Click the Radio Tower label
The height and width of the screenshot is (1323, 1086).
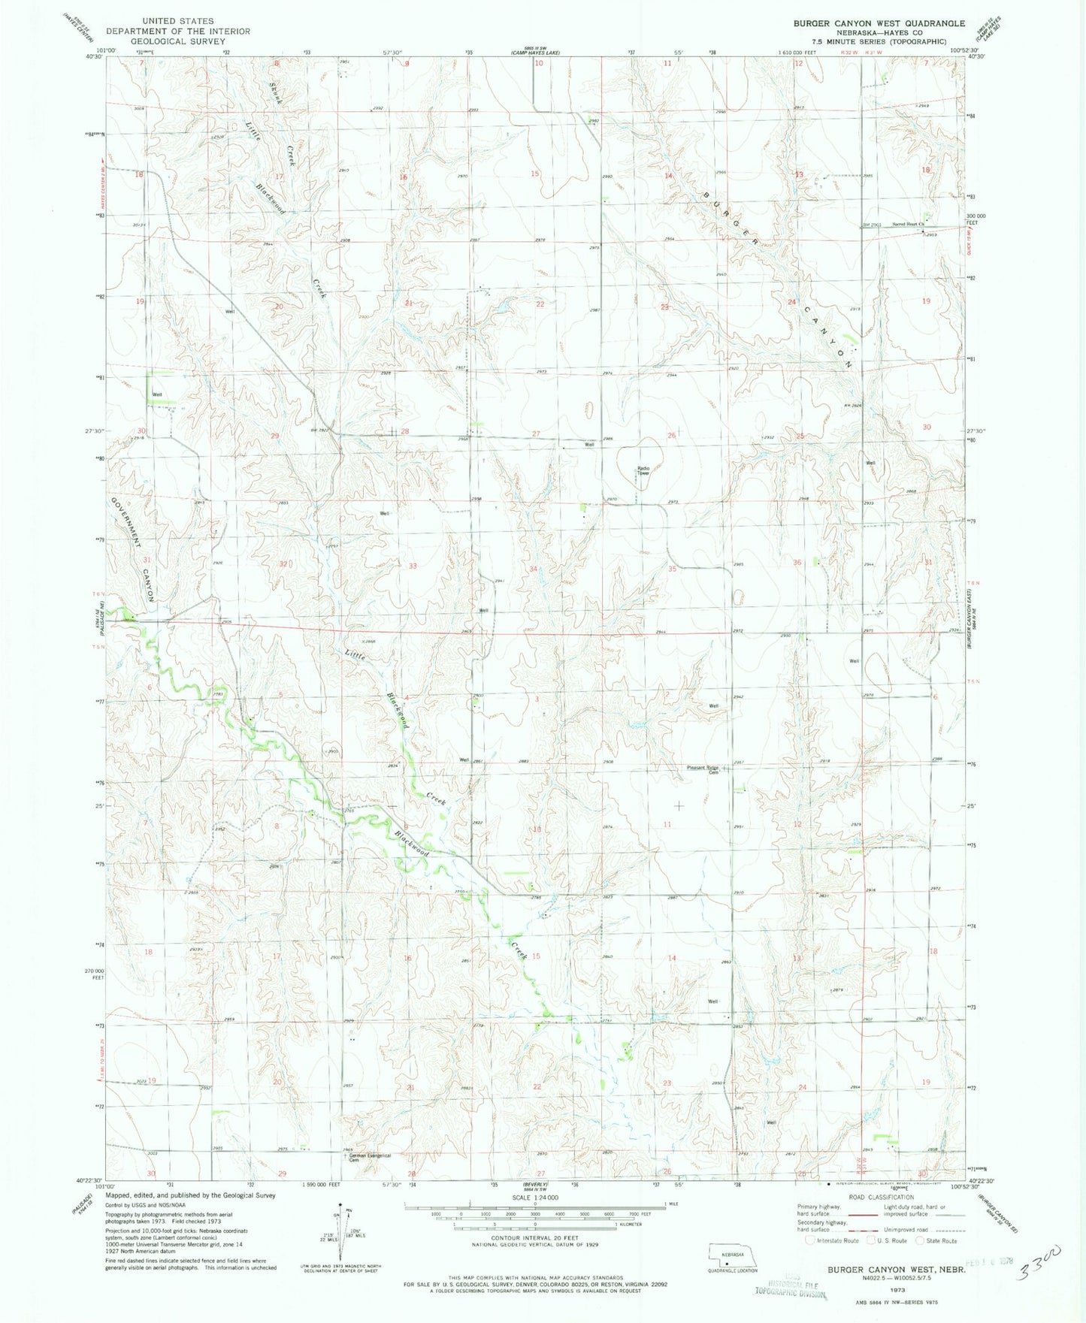(x=643, y=471)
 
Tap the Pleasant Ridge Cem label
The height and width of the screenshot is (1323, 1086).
(x=703, y=769)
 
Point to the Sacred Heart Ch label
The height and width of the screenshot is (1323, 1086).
(x=907, y=224)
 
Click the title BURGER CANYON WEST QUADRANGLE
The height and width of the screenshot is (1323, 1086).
(x=879, y=23)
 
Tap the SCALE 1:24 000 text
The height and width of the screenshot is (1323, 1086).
(x=535, y=1198)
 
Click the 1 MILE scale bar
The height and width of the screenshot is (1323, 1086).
(x=534, y=1205)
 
